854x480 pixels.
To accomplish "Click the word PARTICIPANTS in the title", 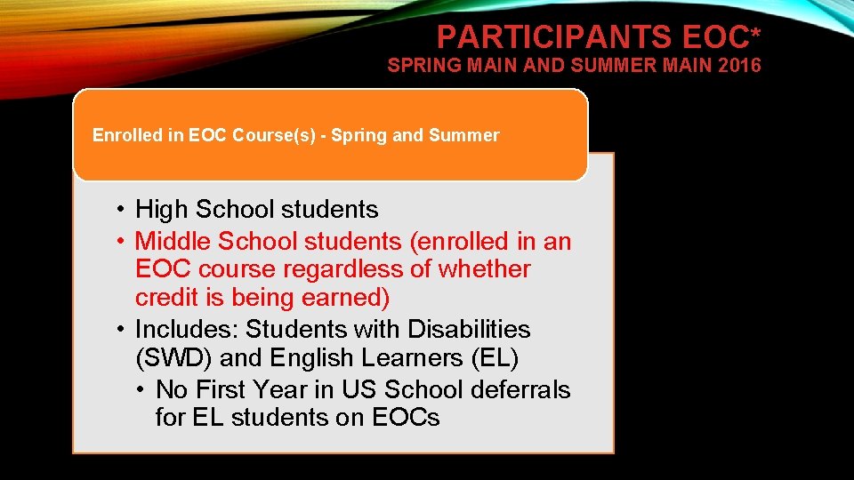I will [x=555, y=37].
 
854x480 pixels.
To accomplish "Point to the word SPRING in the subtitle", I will [x=419, y=65].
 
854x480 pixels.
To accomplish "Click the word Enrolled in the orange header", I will [x=128, y=136].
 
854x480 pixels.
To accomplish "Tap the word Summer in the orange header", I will [x=464, y=136].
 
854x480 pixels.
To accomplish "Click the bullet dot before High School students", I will [x=119, y=211].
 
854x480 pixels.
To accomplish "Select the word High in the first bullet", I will [x=162, y=210].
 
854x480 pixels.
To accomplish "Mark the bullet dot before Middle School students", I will [x=119, y=242].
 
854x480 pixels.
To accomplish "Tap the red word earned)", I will [x=345, y=297].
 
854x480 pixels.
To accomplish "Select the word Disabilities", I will [x=469, y=329].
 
